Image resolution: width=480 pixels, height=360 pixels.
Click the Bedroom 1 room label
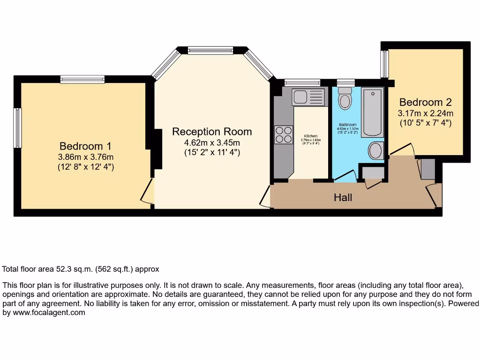tap(85, 146)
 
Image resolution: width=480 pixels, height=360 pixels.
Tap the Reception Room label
tap(212, 132)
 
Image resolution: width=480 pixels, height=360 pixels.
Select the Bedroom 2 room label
tap(426, 102)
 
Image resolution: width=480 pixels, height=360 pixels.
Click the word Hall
tap(343, 198)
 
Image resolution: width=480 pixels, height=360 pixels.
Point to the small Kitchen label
tap(310, 136)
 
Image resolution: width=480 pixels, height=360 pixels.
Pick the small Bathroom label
tap(348, 125)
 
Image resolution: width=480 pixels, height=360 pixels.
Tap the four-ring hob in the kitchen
tap(283, 135)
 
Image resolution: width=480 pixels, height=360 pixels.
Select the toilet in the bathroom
tap(345, 99)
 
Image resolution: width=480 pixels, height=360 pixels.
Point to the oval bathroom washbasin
tap(375, 151)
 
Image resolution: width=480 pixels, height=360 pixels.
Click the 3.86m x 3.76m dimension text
tap(85, 157)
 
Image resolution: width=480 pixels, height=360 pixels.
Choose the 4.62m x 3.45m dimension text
tap(212, 142)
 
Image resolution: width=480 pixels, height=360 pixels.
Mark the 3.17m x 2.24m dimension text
tap(426, 113)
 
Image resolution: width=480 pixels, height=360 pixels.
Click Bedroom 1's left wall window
tap(17, 128)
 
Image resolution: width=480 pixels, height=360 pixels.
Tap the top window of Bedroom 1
tap(82, 80)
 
